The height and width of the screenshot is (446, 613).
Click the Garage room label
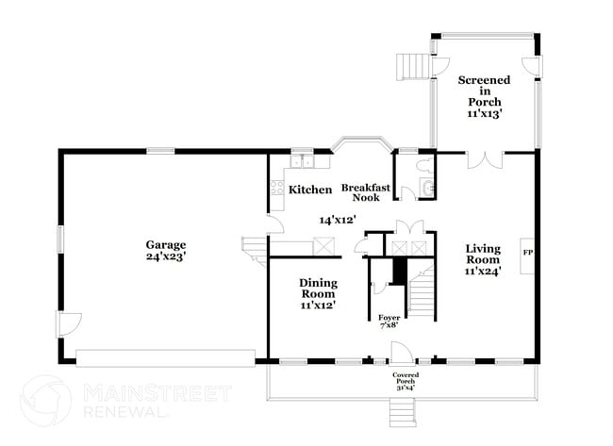165,242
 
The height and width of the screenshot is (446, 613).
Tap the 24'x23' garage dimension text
165,256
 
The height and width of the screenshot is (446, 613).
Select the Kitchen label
309,190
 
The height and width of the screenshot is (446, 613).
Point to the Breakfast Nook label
359,192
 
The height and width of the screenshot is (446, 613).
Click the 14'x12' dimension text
336,219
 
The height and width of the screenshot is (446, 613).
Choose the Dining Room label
318,288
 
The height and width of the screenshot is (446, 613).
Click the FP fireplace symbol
528,254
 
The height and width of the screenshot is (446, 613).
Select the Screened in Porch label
483,91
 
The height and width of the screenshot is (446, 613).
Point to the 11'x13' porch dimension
483,113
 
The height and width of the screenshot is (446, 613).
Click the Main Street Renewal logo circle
45,401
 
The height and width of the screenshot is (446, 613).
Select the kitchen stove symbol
278,188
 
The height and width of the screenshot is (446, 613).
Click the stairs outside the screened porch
412,68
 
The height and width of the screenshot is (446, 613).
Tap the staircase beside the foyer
422,292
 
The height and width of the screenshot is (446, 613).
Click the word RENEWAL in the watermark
128,412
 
